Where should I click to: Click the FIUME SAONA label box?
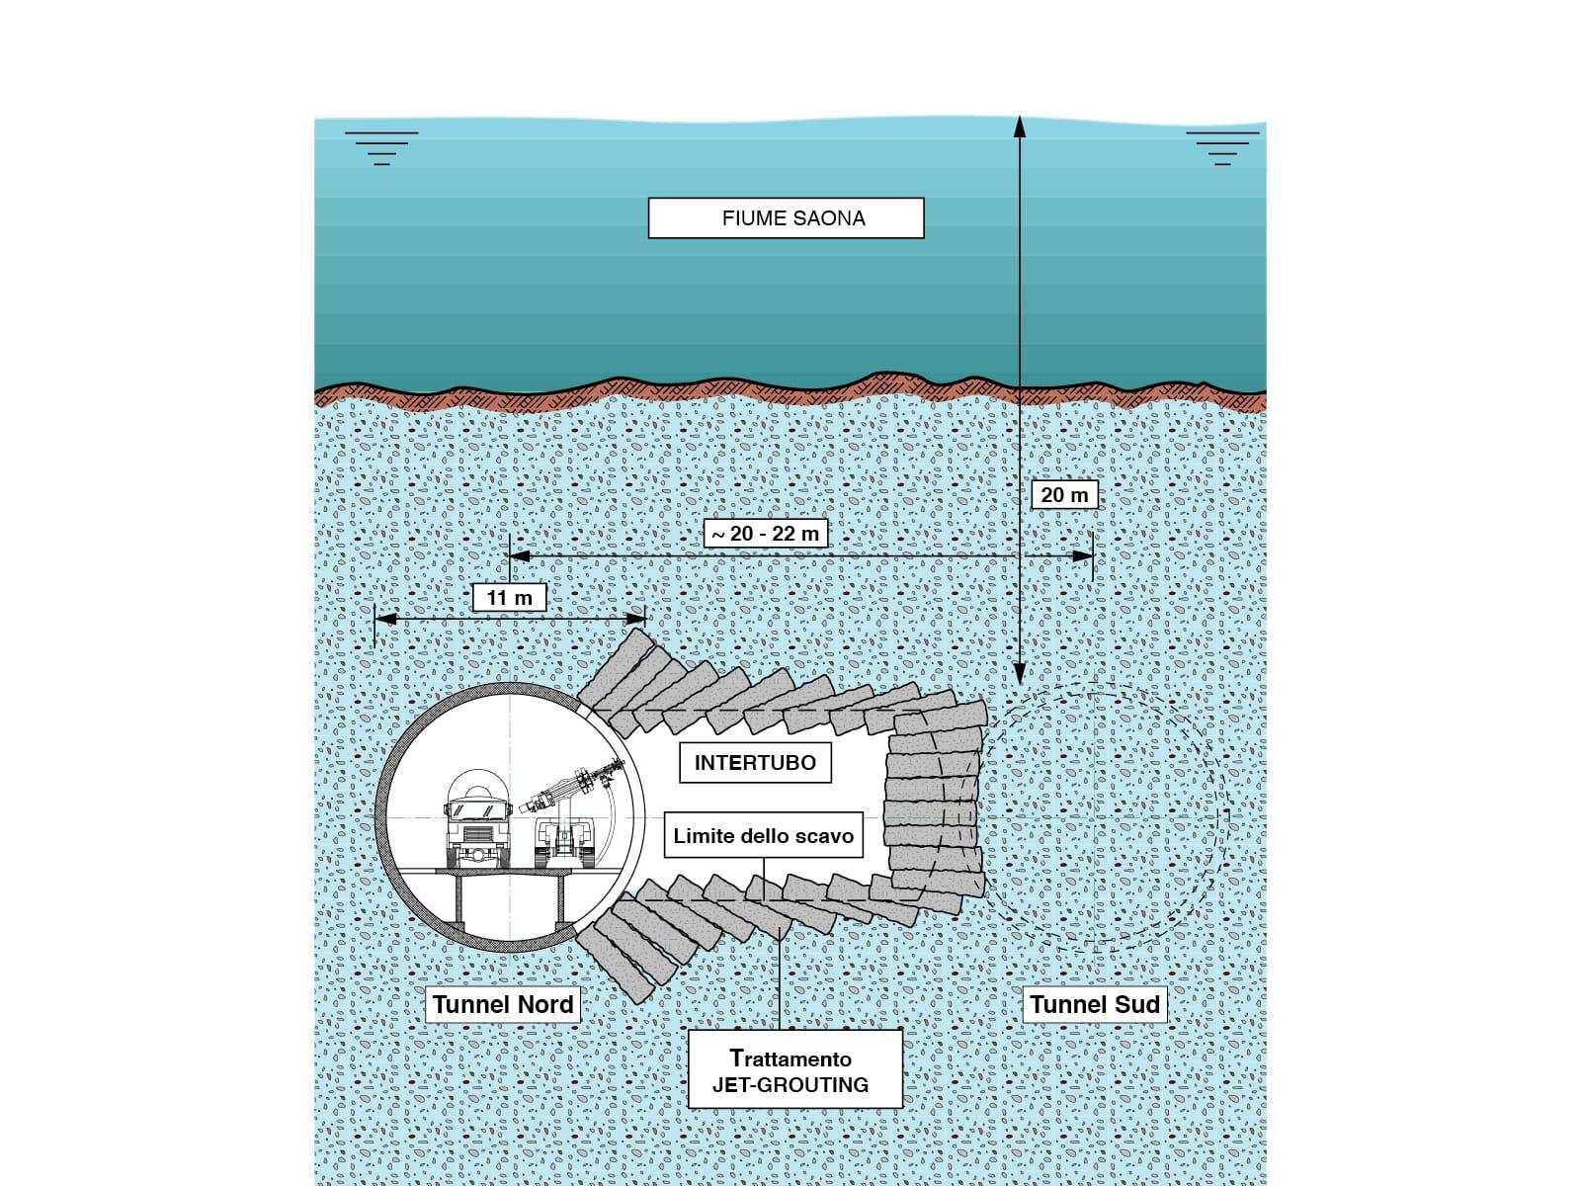point(786,218)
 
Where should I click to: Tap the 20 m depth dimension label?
point(1064,494)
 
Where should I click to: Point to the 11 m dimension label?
point(509,597)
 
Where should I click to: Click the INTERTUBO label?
point(755,763)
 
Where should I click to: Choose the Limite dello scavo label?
point(763,836)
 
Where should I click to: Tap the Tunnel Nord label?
point(503,1004)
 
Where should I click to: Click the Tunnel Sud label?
point(1094,1004)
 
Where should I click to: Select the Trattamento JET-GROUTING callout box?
point(794,1069)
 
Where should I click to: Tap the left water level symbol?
point(381,147)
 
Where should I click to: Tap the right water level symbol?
point(1222,147)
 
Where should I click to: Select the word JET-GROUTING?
point(790,1084)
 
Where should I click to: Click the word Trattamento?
point(790,1058)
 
